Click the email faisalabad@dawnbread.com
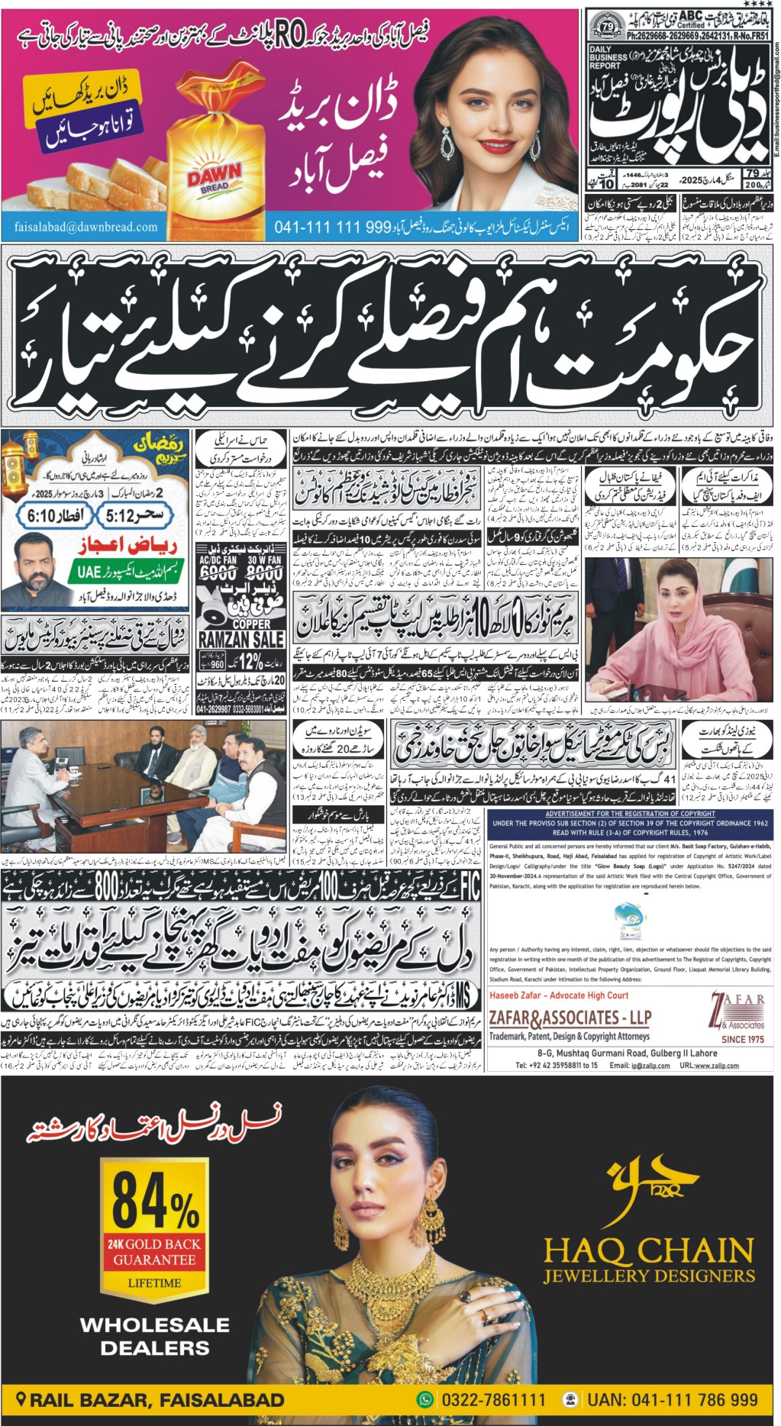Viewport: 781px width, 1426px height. [x=86, y=227]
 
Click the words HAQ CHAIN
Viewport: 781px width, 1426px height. [x=648, y=1250]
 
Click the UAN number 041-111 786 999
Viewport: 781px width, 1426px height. [x=673, y=1400]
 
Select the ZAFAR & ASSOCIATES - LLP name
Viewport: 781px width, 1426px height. [x=570, y=1018]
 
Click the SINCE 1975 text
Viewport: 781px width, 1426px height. [x=742, y=1039]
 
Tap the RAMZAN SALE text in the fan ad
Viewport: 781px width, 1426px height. [x=241, y=639]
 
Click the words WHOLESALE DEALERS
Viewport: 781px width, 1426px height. [x=155, y=1336]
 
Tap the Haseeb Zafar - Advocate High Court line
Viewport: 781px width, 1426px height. [x=559, y=995]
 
